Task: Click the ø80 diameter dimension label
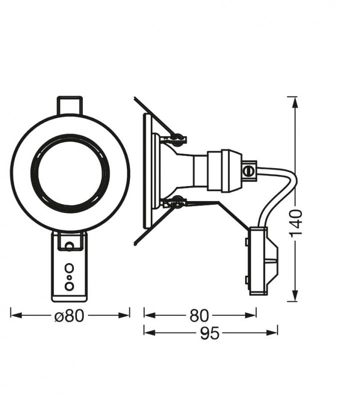[x=70, y=316]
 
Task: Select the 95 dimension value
[x=210, y=334]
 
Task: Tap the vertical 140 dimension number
[x=296, y=223]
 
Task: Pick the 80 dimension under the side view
[x=200, y=316]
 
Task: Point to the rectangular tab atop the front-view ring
[x=69, y=105]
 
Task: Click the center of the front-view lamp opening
[x=70, y=173]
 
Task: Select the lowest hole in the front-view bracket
[x=69, y=286]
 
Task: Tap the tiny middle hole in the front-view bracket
[x=69, y=276]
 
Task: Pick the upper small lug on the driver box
[x=247, y=242]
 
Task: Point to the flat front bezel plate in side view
[x=147, y=171]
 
